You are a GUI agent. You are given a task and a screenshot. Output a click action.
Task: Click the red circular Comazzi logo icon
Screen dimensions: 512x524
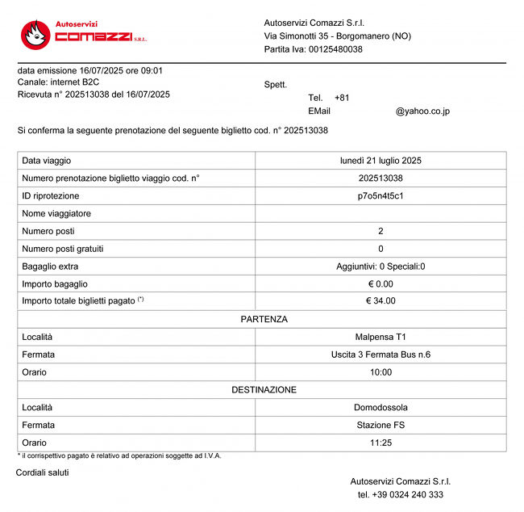35,34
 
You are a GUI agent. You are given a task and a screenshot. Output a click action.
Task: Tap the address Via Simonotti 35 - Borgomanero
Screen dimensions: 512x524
337,36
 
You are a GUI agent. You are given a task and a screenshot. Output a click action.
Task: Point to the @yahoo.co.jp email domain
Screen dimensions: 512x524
422,111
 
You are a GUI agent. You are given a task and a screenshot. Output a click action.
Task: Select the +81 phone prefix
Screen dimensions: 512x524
342,98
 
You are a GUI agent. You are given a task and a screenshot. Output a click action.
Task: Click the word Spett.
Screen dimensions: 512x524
275,85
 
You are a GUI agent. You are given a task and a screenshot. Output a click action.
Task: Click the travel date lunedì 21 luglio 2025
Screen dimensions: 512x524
381,161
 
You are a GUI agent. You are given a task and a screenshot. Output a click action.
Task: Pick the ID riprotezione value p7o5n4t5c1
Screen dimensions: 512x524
381,195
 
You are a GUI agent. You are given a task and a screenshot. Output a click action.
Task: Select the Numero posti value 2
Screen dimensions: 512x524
381,231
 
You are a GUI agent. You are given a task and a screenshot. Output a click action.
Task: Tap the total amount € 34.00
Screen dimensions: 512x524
381,301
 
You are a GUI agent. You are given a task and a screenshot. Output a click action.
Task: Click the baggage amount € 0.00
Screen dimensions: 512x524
381,283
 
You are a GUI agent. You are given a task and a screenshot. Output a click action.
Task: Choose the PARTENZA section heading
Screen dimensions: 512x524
264,319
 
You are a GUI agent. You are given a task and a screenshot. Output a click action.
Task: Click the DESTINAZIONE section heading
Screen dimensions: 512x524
264,389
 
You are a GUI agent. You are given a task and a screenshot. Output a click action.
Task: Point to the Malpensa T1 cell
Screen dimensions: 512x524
381,337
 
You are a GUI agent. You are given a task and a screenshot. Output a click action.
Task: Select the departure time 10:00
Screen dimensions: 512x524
381,372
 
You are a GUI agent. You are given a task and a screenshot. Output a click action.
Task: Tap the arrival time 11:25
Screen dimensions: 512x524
381,443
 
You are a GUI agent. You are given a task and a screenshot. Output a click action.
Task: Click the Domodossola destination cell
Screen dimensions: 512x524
381,407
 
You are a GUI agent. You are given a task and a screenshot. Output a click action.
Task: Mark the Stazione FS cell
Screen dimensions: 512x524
381,425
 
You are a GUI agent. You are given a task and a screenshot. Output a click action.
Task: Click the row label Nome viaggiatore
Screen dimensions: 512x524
56,213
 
